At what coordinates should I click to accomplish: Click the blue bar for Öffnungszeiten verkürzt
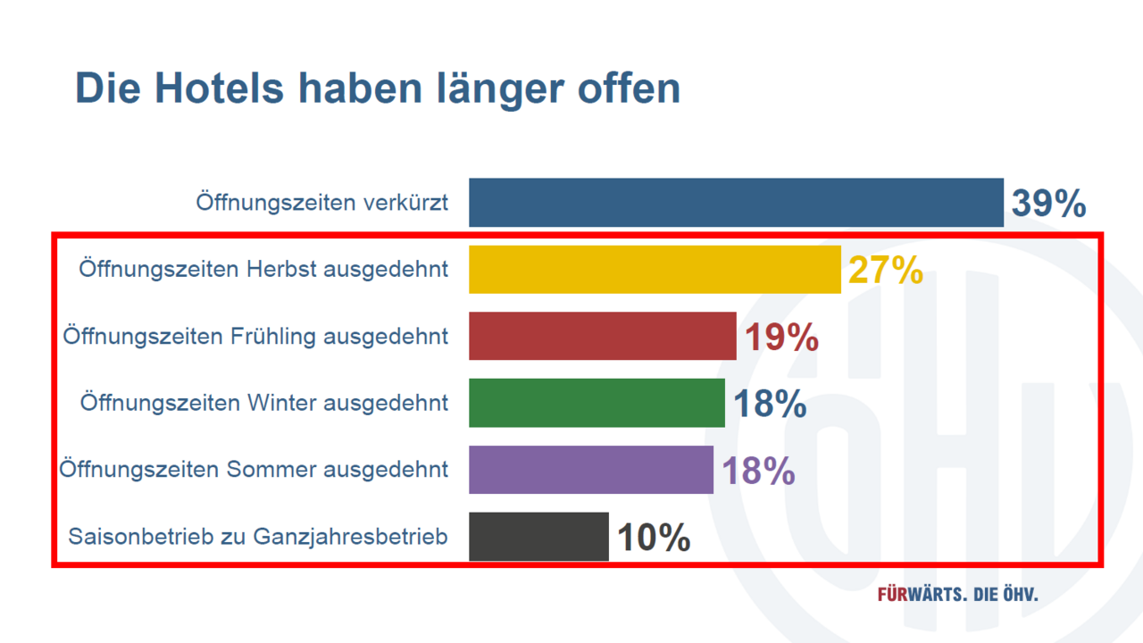[736, 203]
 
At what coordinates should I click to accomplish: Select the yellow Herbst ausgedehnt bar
[655, 269]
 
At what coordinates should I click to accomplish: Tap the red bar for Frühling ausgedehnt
[603, 336]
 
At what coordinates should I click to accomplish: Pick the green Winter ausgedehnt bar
[597, 403]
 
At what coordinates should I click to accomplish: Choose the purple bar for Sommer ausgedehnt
[591, 470]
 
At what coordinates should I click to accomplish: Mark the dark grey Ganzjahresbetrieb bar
[538, 537]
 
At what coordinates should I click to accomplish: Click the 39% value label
[1048, 205]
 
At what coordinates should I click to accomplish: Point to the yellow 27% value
[885, 271]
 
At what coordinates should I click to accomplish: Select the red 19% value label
[781, 338]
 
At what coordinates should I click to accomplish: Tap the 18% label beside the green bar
[770, 405]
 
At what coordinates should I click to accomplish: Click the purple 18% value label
[758, 472]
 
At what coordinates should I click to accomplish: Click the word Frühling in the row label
[273, 336]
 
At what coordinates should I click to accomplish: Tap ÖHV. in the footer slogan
[1018, 595]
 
